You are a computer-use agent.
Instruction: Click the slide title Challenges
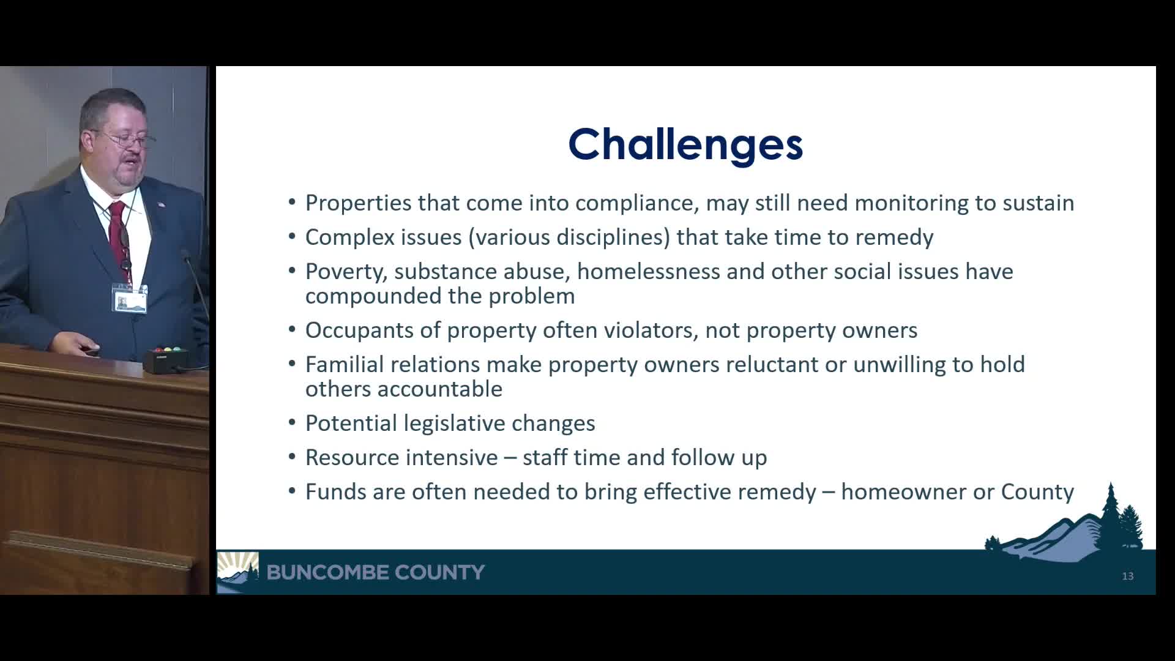coord(685,144)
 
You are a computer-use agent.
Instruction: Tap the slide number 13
coord(1127,576)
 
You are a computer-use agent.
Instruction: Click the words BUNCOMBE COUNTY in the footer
coord(375,572)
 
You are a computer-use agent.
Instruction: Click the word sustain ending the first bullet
coord(1038,203)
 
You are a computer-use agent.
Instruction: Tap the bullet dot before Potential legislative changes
coord(292,424)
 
